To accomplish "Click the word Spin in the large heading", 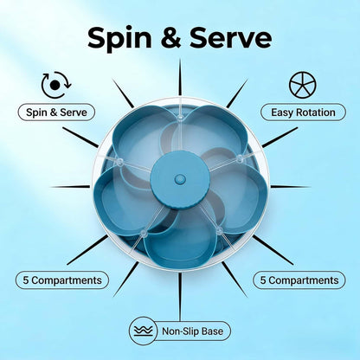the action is tap(119, 39).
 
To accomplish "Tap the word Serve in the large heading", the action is tap(230, 38).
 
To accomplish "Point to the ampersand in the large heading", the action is tap(170, 38).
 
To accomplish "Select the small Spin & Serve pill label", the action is tap(56, 112).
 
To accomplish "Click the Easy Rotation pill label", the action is tap(303, 112).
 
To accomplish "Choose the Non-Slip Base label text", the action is tap(192, 331).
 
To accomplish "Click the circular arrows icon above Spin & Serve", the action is tap(56, 85).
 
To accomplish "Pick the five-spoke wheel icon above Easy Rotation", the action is tap(303, 85).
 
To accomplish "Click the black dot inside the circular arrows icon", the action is tap(55, 85).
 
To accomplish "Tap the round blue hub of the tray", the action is tap(180, 179).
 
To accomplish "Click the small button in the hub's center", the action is tap(180, 179).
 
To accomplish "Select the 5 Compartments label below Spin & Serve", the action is tap(62, 280).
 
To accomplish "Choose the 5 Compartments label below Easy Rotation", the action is tap(299, 280).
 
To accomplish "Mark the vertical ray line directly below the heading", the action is tap(180, 77).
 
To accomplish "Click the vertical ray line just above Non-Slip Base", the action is tap(180, 297).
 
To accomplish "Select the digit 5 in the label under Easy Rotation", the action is tap(263, 280).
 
